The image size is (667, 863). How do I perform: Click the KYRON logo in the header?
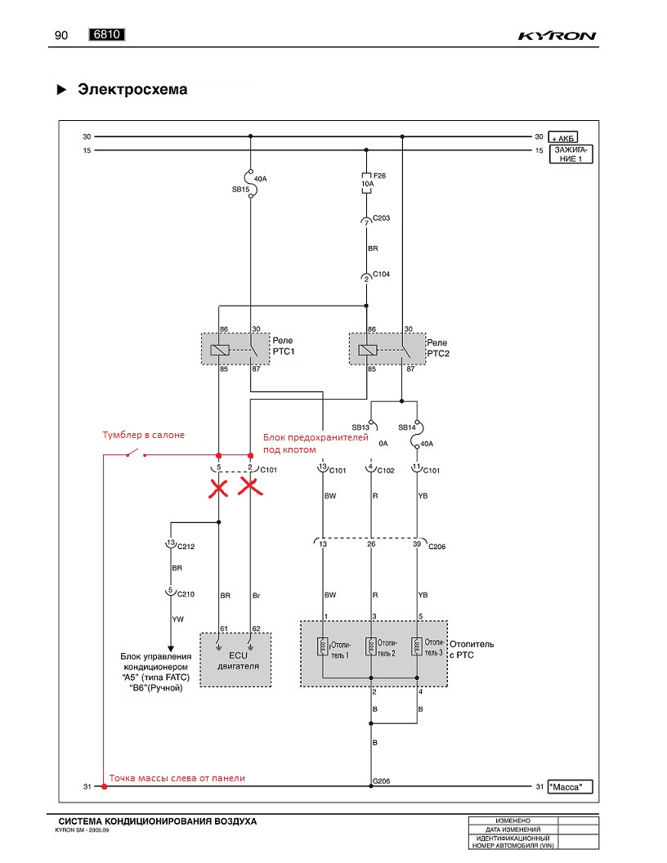coord(557,36)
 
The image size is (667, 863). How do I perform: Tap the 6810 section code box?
coord(107,34)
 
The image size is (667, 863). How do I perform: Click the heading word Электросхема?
coord(132,89)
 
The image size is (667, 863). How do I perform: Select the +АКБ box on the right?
coord(563,137)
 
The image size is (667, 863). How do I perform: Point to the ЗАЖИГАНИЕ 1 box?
coord(571,154)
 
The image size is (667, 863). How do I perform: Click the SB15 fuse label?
coord(240,190)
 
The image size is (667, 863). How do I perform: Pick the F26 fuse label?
coord(379,176)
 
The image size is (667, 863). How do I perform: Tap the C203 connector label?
coord(382,218)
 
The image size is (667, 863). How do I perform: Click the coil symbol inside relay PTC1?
coord(220,350)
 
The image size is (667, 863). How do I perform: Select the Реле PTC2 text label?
coord(438,348)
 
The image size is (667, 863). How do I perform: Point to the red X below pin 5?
coord(218,488)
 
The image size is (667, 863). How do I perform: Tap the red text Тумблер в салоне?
coord(144,435)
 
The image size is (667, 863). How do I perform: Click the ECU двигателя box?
coord(235,660)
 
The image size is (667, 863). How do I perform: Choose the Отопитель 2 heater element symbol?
coord(371,646)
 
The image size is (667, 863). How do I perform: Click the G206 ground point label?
coord(382,781)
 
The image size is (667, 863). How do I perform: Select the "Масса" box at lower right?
coord(571,787)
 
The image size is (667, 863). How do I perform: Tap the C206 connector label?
coord(437,547)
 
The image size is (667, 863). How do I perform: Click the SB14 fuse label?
coord(407,427)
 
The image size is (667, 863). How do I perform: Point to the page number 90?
coord(61,35)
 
